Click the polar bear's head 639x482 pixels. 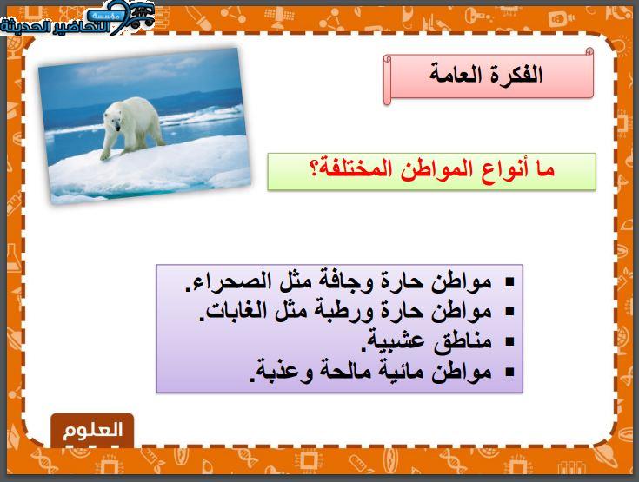pos(113,118)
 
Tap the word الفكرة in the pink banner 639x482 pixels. pos(516,75)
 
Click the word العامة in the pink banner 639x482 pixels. pos(456,76)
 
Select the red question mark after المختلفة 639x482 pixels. pos(315,169)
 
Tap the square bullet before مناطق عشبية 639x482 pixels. pos(509,342)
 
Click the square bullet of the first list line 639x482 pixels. pos(509,281)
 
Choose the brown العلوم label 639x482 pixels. pos(92,431)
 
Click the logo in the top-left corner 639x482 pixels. pos(77,19)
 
